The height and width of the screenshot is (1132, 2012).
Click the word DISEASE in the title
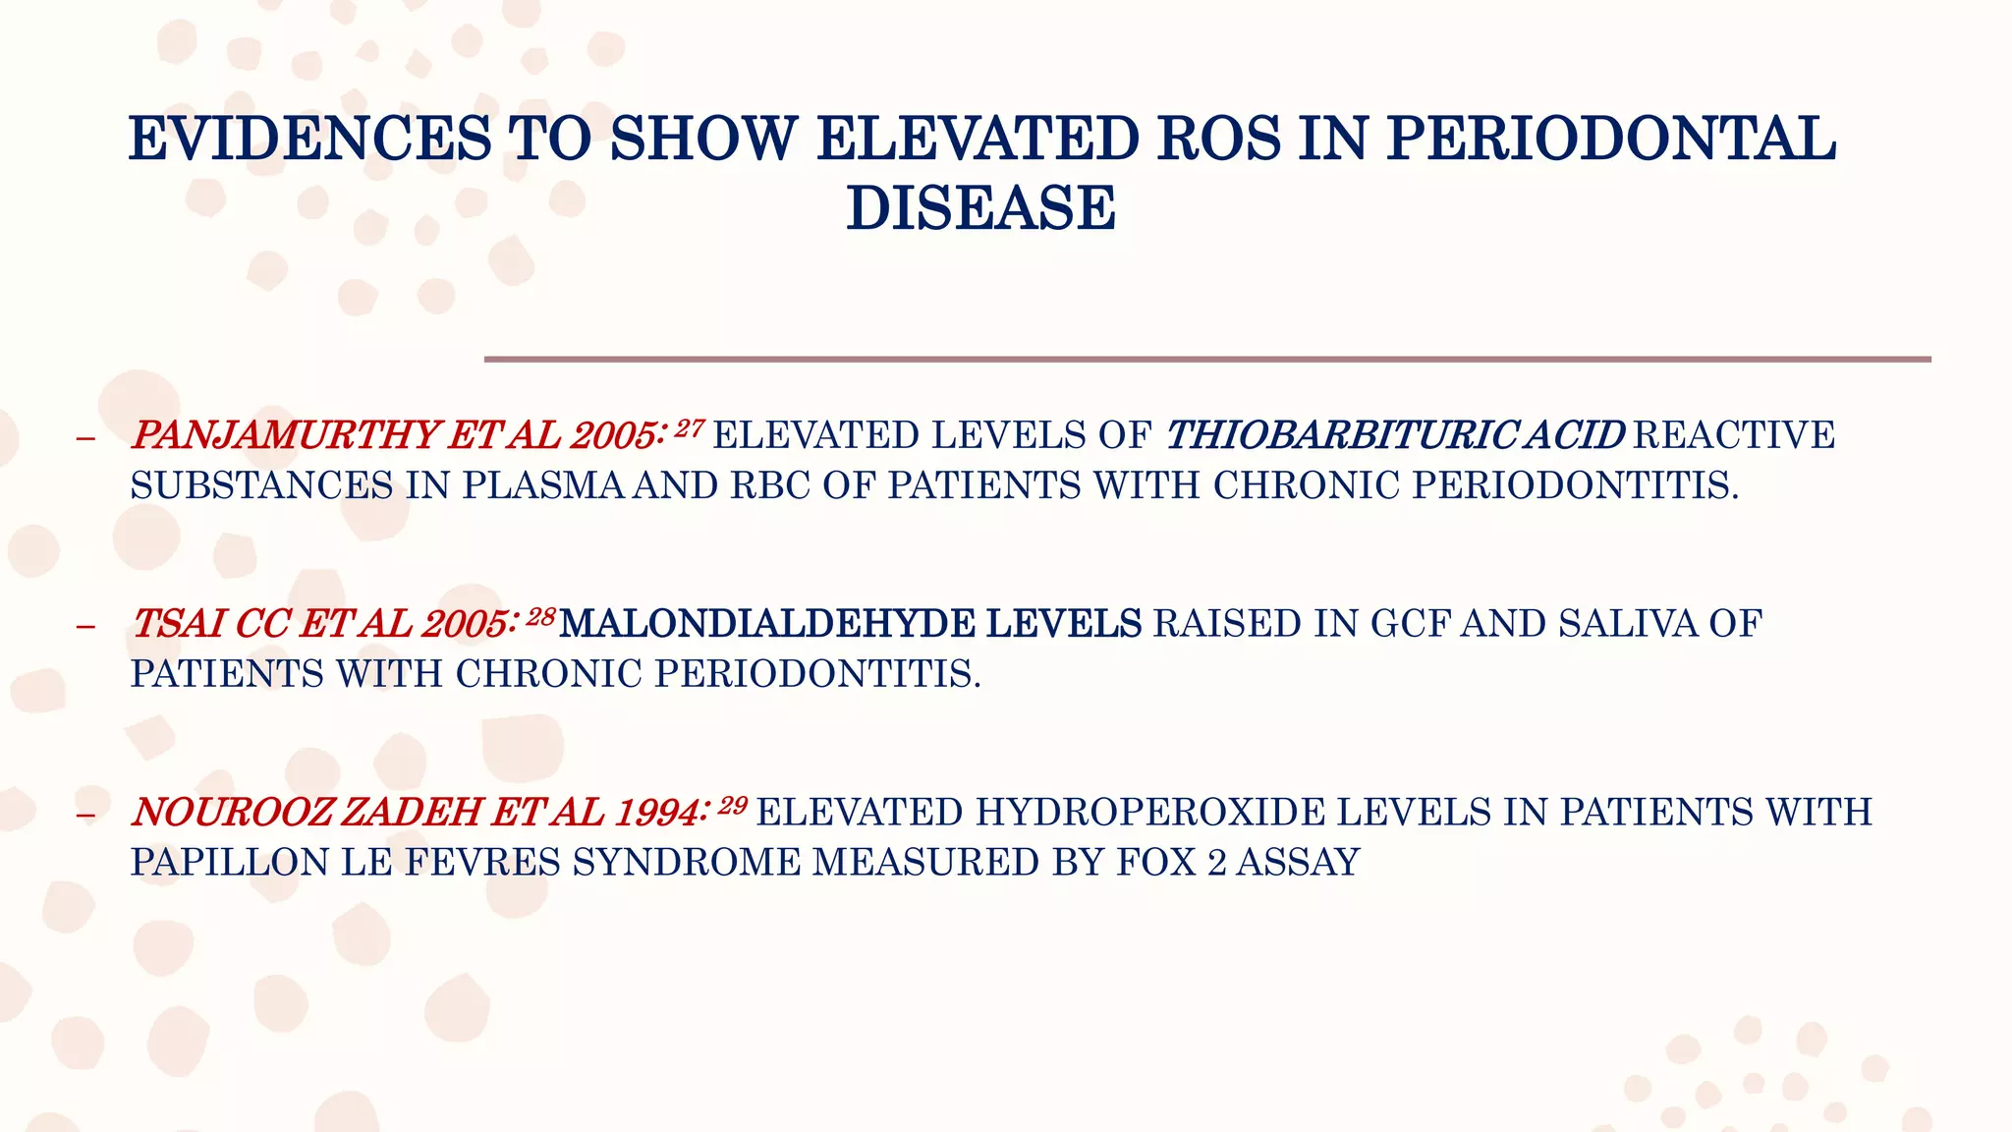pyautogui.click(x=980, y=208)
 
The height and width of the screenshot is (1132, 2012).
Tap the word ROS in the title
pyautogui.click(x=1219, y=139)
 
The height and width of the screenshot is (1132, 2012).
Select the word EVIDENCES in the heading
pyautogui.click(x=309, y=139)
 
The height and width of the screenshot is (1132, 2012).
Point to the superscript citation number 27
pyautogui.click(x=690, y=427)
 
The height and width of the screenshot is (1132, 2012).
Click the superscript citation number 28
pyautogui.click(x=541, y=616)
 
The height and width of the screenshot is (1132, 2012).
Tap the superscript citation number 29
pyautogui.click(x=733, y=805)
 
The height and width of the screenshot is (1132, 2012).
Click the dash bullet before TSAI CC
pyautogui.click(x=85, y=626)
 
